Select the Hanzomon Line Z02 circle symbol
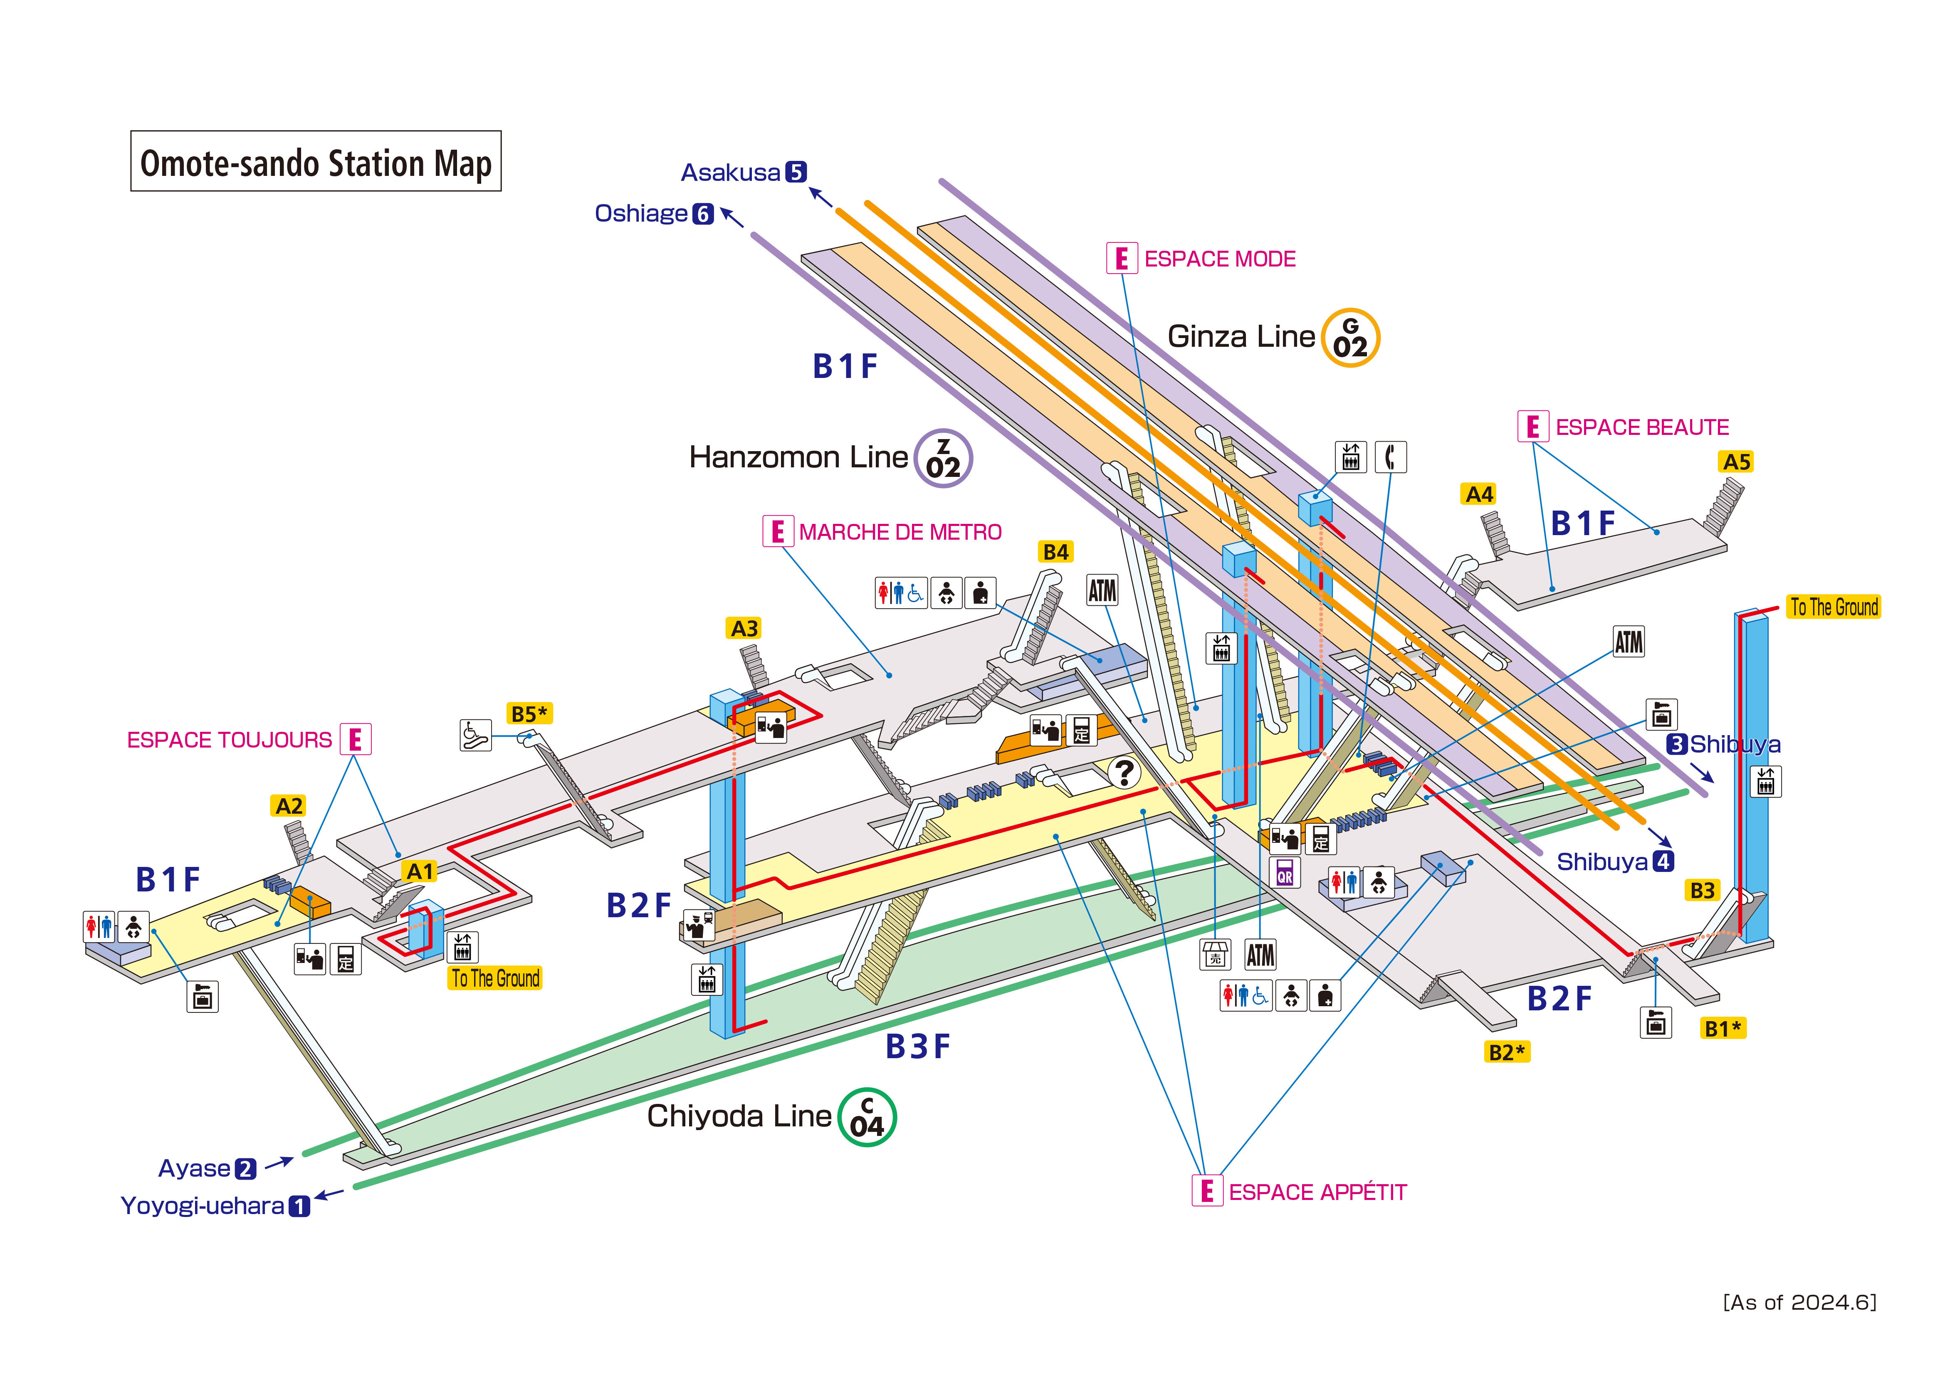[x=943, y=458]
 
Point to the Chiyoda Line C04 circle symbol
[x=867, y=1117]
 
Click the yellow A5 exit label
[x=1737, y=462]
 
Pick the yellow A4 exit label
[x=1479, y=494]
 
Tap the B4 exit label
[x=1055, y=551]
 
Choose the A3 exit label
[x=745, y=629]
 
